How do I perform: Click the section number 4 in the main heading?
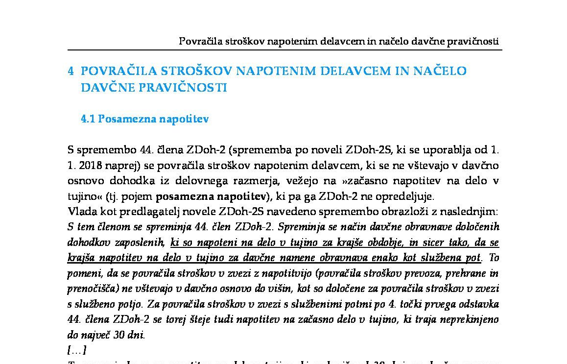(x=71, y=71)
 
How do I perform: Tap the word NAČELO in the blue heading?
(x=440, y=71)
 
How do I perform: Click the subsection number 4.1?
(x=88, y=119)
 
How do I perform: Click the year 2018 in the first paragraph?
(x=89, y=166)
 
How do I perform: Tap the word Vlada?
(x=81, y=212)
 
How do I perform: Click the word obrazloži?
(x=418, y=212)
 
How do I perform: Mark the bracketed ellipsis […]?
(x=77, y=350)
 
